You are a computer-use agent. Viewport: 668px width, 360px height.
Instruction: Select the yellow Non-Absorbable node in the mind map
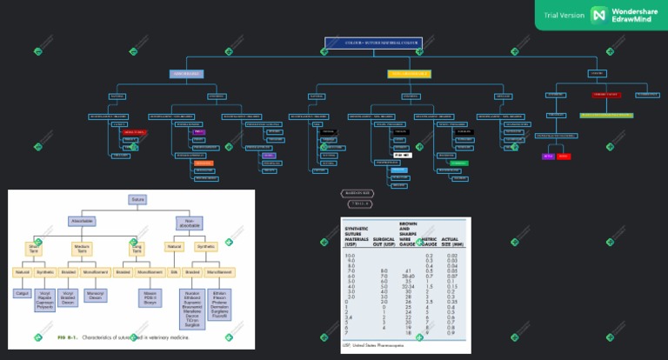tap(410, 74)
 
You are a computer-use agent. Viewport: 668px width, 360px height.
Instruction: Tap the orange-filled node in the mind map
tap(204, 163)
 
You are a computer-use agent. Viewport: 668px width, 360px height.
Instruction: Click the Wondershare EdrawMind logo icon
tap(598, 15)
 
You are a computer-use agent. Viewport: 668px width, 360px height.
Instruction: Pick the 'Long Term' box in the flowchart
tap(137, 248)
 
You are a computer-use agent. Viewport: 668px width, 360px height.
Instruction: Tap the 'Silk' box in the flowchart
tap(173, 272)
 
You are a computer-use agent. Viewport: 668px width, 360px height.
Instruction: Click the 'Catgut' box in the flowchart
tap(23, 293)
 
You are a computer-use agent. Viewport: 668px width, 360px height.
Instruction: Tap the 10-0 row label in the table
tap(351, 254)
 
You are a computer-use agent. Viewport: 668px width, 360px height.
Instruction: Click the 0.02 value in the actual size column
tap(451, 254)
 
